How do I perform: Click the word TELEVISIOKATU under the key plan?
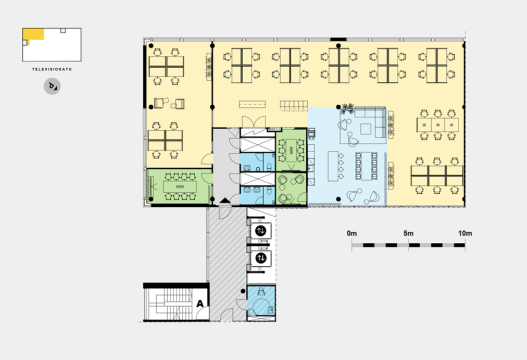52,69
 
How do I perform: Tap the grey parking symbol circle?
52,86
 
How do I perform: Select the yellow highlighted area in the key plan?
33,34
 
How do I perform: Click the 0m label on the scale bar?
352,233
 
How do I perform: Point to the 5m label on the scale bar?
408,233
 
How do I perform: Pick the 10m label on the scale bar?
465,233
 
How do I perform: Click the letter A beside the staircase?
200,304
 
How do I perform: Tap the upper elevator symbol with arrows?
261,231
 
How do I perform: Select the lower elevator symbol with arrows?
261,258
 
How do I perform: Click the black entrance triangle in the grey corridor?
225,201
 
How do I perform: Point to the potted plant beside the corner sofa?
347,108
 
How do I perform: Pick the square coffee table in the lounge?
366,129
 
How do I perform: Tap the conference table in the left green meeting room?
178,186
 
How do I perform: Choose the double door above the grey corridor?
254,121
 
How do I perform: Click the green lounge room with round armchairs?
291,189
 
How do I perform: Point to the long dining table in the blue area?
366,166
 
